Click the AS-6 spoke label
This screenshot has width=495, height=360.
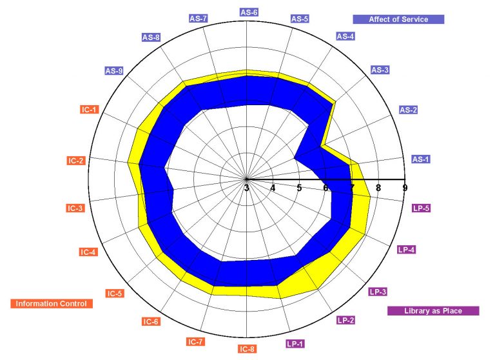click(x=249, y=12)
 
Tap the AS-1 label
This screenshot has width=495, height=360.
click(x=421, y=159)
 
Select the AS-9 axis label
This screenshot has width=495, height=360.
click(x=114, y=71)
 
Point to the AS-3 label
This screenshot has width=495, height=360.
click(x=380, y=70)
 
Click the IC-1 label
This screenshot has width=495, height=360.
click(x=90, y=110)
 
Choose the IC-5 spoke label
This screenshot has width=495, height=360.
click(x=115, y=294)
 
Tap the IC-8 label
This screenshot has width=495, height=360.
click(x=247, y=349)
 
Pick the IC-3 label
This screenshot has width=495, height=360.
click(x=75, y=208)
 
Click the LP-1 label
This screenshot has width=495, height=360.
click(x=295, y=344)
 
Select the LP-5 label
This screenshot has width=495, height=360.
click(x=421, y=208)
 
